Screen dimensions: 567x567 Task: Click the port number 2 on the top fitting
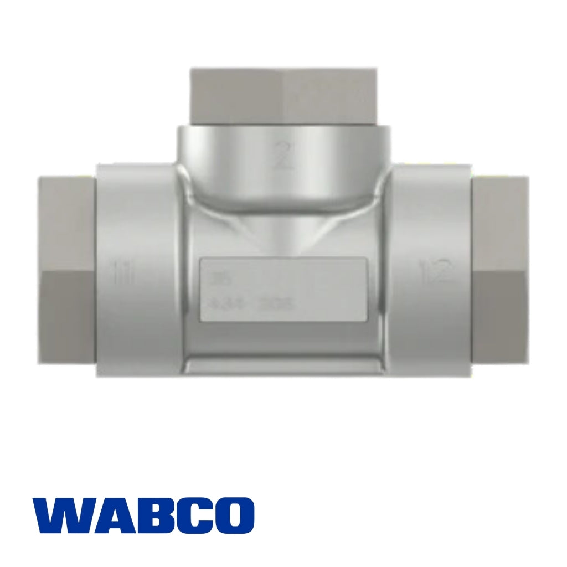pos(283,156)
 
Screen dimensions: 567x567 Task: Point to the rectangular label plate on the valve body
pos(282,288)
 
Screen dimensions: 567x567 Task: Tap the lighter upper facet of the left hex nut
pos(66,221)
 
